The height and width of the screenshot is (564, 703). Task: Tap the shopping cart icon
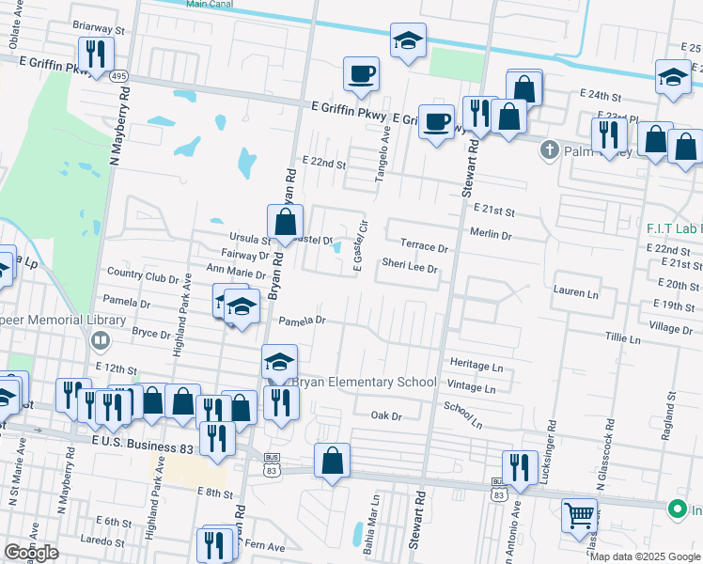pyautogui.click(x=579, y=514)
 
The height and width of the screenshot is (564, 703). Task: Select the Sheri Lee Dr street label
pyautogui.click(x=410, y=268)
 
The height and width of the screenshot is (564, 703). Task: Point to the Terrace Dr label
pyautogui.click(x=425, y=246)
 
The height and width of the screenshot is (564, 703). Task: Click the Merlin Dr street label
pyautogui.click(x=491, y=235)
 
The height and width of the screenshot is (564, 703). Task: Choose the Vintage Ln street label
pyautogui.click(x=472, y=387)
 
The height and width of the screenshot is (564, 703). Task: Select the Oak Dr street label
pyautogui.click(x=385, y=415)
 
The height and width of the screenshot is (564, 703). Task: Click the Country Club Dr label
pyautogui.click(x=143, y=278)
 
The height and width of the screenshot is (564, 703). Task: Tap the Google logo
pyautogui.click(x=31, y=553)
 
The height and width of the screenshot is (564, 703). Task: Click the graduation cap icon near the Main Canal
pyautogui.click(x=408, y=42)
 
